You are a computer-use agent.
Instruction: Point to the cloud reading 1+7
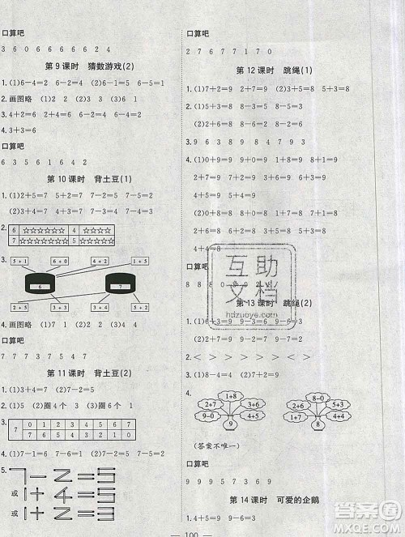point(298,416)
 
